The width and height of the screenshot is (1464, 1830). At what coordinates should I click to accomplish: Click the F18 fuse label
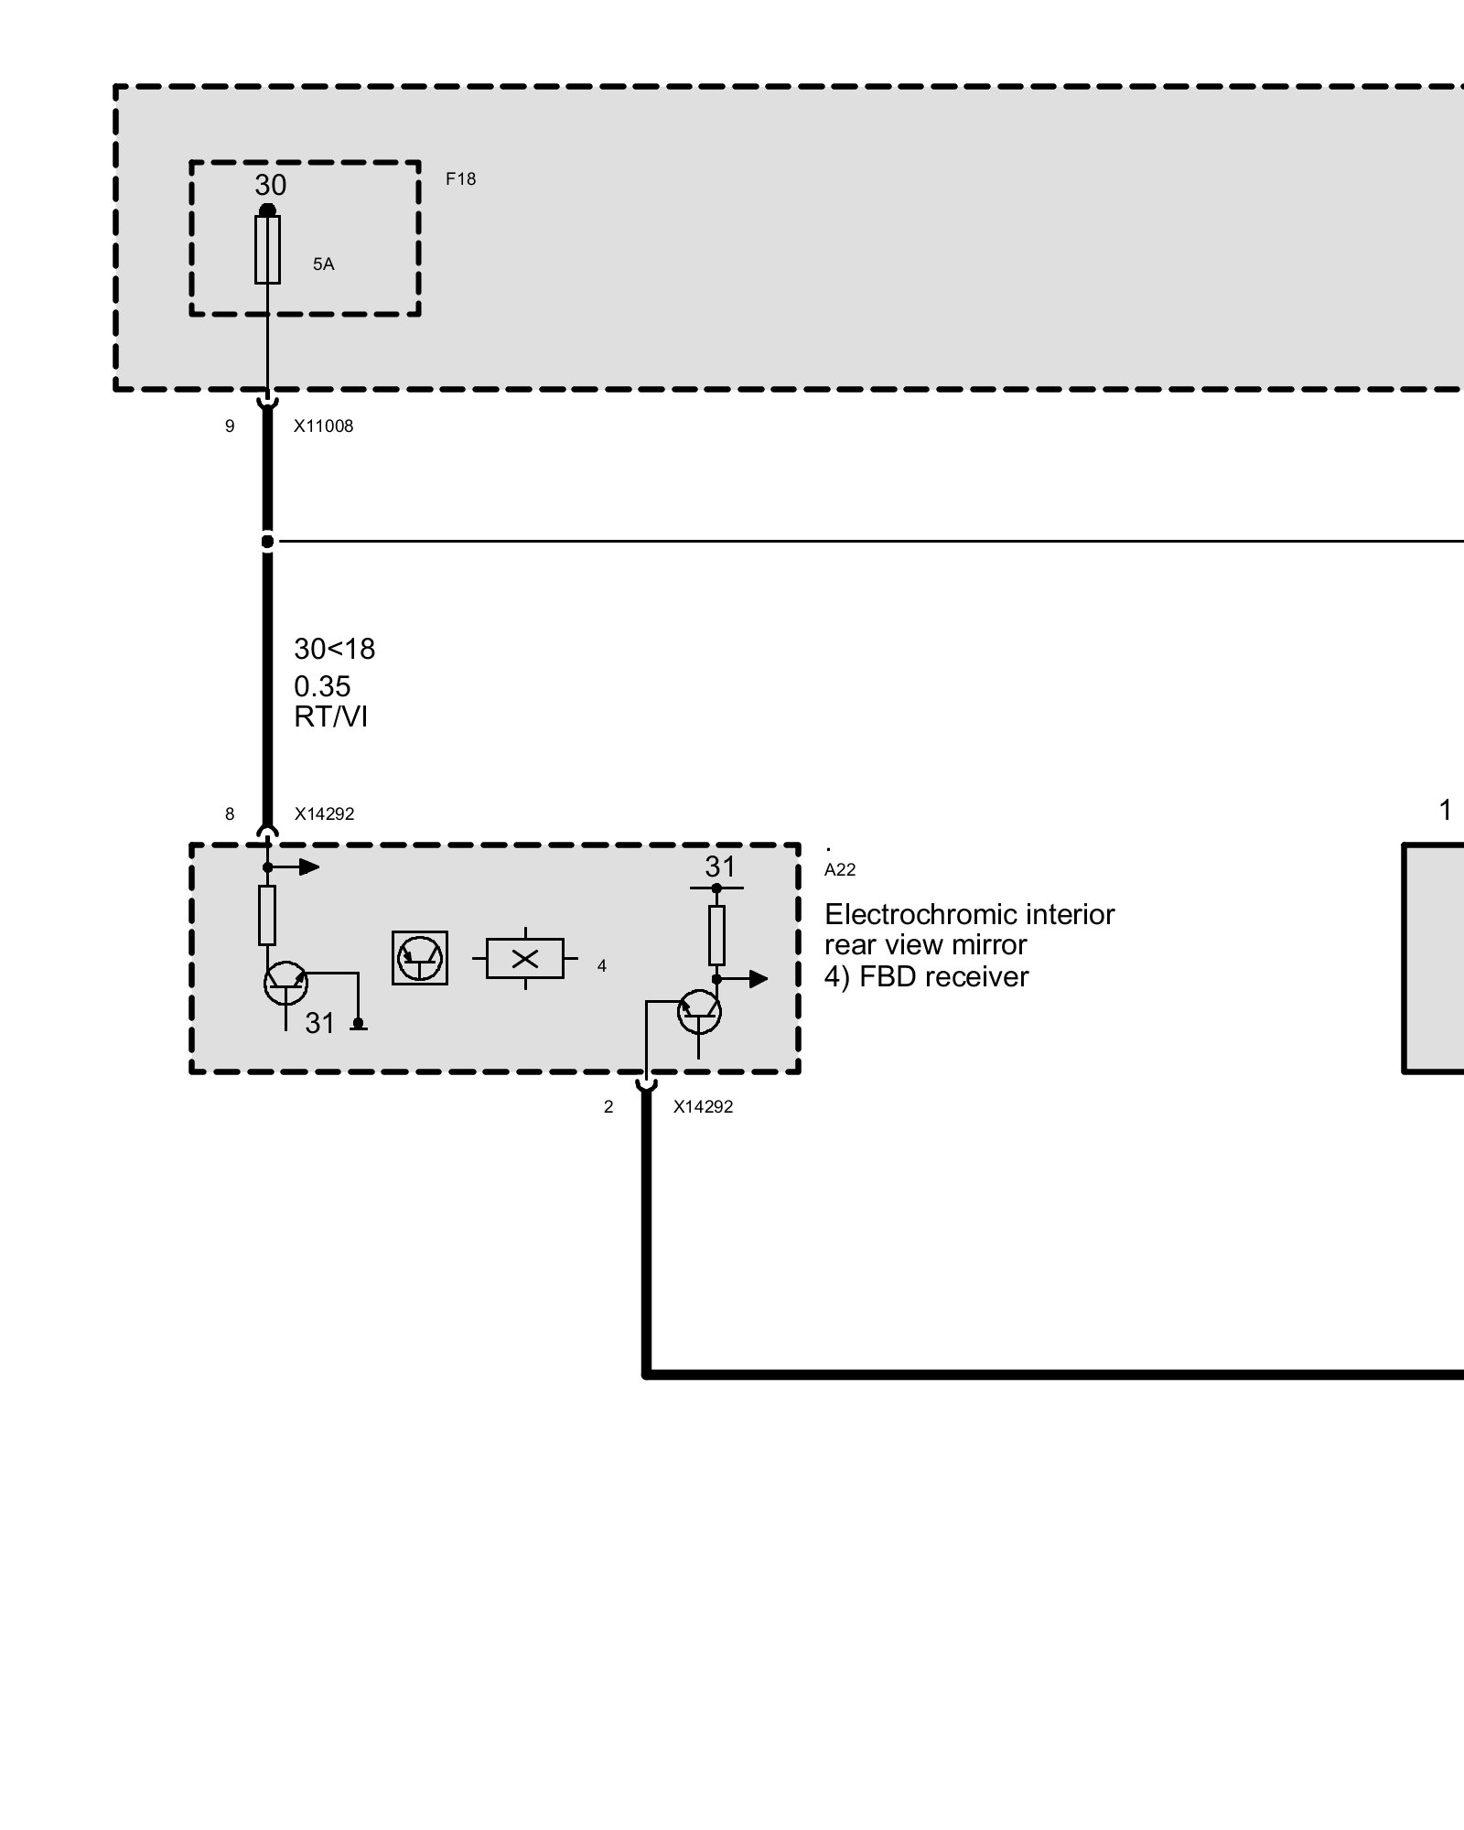click(460, 179)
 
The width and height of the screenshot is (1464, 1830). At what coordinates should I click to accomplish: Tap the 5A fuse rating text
click(323, 264)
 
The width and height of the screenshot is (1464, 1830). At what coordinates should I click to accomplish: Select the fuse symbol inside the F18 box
click(267, 250)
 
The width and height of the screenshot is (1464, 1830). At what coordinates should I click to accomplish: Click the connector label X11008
click(323, 426)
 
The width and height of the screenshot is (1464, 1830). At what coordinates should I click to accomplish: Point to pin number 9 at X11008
click(230, 426)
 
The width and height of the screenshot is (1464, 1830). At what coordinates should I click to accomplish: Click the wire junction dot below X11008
click(267, 542)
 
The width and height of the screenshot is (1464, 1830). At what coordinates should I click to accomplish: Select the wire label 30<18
click(334, 649)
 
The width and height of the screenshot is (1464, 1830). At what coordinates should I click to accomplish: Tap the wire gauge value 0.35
click(322, 686)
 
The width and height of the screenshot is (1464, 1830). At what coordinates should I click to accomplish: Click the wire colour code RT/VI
click(330, 716)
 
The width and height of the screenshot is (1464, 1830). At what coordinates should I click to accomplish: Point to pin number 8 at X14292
click(230, 814)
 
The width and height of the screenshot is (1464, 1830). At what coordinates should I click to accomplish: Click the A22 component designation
click(840, 870)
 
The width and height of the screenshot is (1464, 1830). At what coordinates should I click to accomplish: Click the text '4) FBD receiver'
click(926, 977)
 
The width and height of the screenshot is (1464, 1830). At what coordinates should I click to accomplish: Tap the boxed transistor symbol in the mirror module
click(420, 958)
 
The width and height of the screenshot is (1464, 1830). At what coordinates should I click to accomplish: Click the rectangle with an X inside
click(525, 959)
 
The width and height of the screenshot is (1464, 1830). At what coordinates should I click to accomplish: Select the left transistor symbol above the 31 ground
click(285, 984)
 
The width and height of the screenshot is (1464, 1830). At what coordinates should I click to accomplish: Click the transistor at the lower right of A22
click(699, 1012)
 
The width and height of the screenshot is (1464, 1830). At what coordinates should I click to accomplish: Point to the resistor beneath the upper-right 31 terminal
click(716, 935)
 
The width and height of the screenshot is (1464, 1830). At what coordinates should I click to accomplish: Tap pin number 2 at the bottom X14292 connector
click(608, 1107)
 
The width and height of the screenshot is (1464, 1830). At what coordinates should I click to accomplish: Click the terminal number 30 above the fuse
click(271, 186)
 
